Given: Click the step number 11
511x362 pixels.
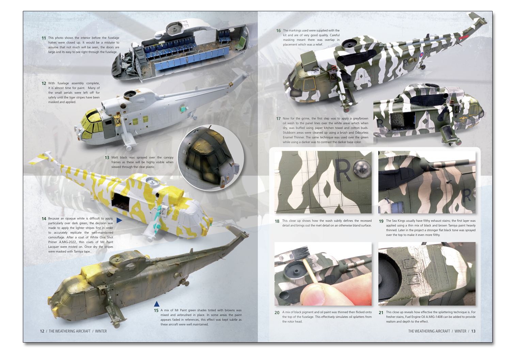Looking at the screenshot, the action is pos(44,38).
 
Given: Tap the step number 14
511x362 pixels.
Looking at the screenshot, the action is pos(44,219).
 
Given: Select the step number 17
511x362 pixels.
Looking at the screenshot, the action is pos(278,119).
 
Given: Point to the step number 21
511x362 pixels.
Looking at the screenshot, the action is pos(381,313).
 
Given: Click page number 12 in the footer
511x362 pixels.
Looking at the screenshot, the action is pos(42,331).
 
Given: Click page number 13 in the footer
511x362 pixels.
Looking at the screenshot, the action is pos(474,331).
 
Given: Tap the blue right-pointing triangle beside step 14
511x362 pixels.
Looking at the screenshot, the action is pos(119,220).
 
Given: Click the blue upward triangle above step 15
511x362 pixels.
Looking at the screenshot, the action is pos(156,304).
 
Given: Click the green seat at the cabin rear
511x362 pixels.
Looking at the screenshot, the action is pos(241,45).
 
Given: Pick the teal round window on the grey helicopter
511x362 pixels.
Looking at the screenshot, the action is pos(183,110).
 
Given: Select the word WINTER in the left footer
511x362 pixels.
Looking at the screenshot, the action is pos(101,331).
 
